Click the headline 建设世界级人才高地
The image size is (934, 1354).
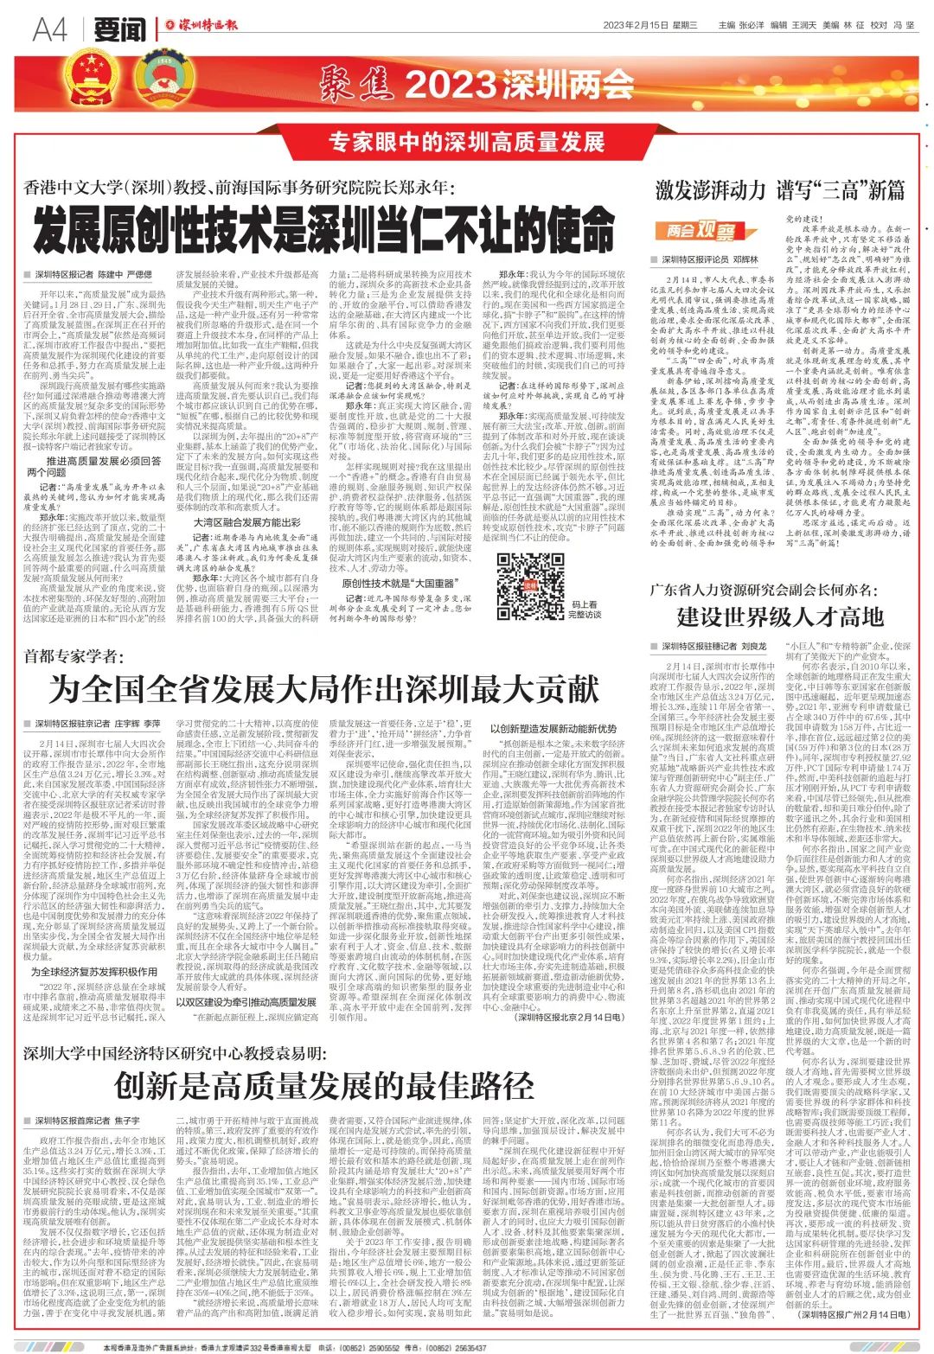(780, 616)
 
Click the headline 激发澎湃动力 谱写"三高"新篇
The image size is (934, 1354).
(779, 188)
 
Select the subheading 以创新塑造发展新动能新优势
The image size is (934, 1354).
(553, 729)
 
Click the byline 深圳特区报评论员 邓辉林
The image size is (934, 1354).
(709, 259)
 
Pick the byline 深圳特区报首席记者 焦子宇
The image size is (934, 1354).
(87, 1121)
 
